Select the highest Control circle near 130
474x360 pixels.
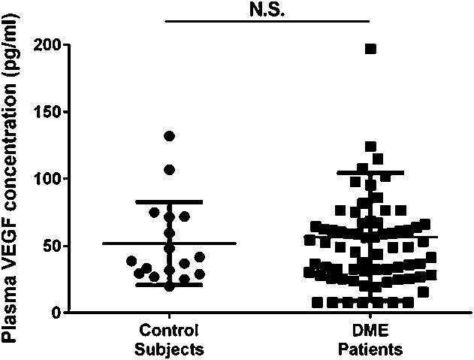pos(169,136)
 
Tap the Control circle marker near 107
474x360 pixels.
pos(169,170)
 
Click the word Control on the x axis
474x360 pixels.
pos(169,331)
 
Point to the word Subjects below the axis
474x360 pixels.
pos(169,349)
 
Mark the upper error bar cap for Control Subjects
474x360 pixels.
pos(169,201)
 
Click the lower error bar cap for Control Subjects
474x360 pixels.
pos(169,285)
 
